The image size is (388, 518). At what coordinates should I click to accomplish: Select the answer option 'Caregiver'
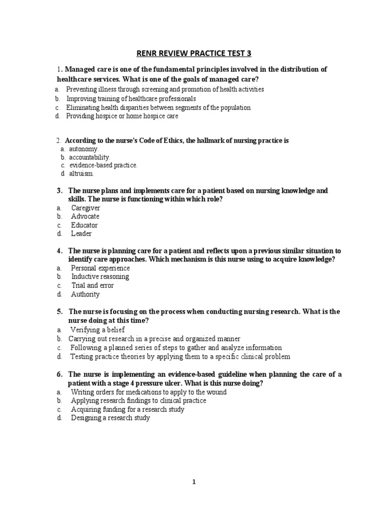click(85, 208)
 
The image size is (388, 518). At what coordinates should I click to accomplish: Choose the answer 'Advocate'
click(85, 217)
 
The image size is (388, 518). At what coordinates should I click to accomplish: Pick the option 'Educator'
click(84, 225)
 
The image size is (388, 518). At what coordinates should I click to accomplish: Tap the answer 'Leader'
click(81, 234)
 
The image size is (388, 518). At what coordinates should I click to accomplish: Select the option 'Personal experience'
click(100, 268)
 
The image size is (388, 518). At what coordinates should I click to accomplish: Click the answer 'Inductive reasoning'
click(100, 277)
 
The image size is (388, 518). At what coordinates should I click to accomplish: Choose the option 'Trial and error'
click(92, 285)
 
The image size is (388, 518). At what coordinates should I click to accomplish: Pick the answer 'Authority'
click(85, 294)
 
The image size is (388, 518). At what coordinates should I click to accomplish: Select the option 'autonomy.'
click(84, 149)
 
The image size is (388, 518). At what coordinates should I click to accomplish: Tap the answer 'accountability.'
click(89, 157)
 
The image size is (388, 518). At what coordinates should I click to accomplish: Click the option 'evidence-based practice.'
click(103, 165)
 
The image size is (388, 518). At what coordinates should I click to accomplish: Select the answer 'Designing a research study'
click(110, 418)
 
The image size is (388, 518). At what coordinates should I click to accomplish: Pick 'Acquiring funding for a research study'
click(127, 409)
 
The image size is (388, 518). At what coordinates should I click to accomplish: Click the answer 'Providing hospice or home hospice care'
click(122, 116)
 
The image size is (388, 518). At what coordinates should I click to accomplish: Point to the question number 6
click(59, 374)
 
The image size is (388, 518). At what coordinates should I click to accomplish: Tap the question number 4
click(59, 251)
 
